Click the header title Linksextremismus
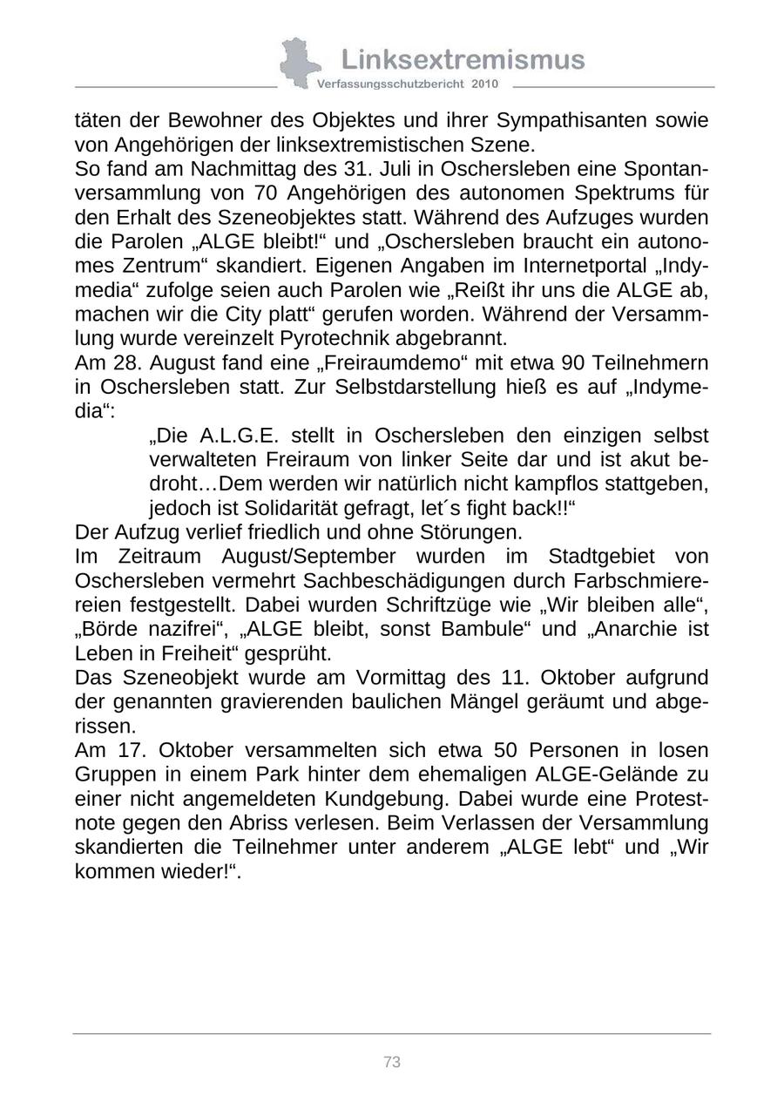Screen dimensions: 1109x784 (x=463, y=59)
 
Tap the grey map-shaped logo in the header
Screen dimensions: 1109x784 (x=299, y=63)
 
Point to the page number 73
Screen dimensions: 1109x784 (x=392, y=1062)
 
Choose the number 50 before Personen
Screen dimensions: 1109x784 (x=506, y=750)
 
